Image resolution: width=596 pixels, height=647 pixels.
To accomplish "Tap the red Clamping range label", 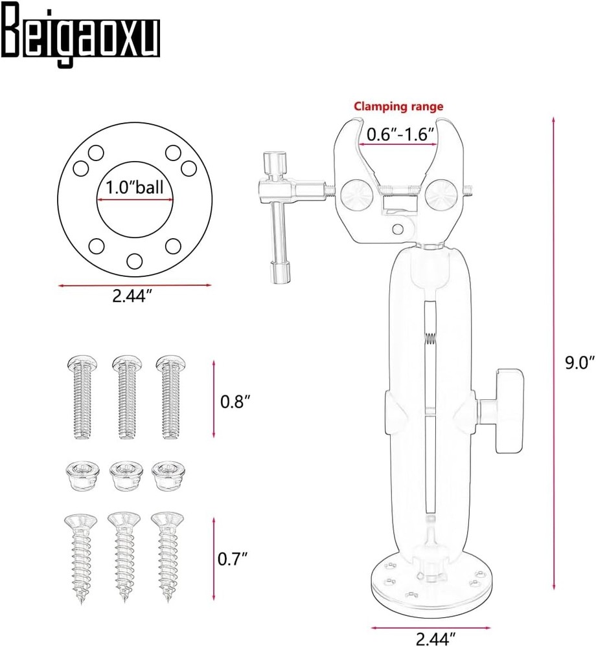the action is pos(398,107).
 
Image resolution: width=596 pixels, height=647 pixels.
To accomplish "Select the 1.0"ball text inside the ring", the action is pos(135,188).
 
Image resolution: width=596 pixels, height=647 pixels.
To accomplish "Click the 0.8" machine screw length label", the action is pos(235,401).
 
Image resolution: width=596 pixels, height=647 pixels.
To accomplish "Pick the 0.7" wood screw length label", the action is pos(233,559).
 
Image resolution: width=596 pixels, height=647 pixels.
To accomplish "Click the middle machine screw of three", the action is pos(127,397).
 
